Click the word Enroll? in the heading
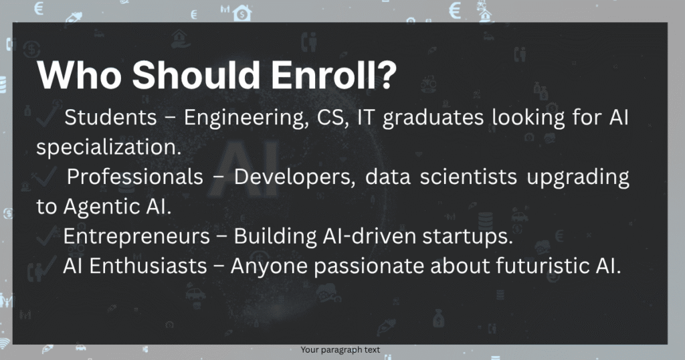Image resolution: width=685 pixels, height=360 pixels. point(334,75)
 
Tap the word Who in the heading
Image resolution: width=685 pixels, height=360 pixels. point(80,75)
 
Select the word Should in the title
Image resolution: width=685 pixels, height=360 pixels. point(197,75)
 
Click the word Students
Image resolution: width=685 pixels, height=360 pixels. point(110,117)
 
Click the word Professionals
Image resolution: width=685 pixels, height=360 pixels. point(135,177)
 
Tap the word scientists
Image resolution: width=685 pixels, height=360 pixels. point(469,177)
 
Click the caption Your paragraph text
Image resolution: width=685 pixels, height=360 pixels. point(340,350)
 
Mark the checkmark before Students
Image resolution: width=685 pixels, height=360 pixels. point(46,116)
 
